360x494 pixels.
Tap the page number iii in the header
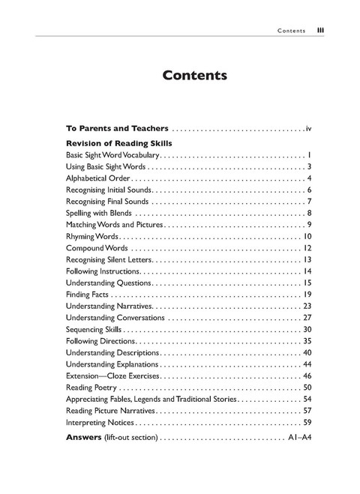click(320, 31)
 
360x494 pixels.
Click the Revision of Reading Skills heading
click(119, 143)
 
